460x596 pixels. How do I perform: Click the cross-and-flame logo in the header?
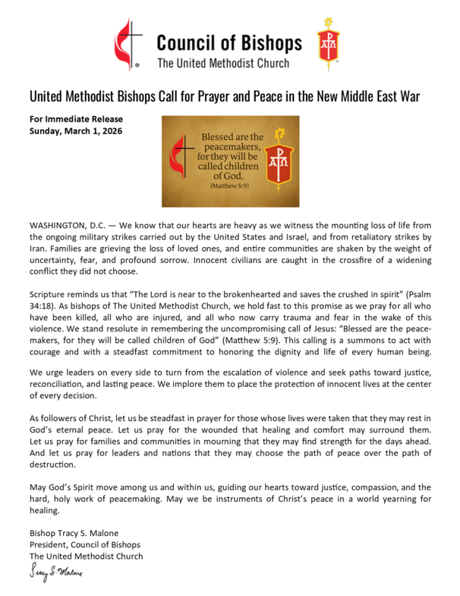[x=128, y=44]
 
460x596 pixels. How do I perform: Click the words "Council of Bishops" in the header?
[x=228, y=42]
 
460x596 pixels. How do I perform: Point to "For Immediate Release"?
[x=76, y=119]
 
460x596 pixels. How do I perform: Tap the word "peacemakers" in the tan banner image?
[x=229, y=151]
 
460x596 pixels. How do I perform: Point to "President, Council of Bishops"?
[x=84, y=545]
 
